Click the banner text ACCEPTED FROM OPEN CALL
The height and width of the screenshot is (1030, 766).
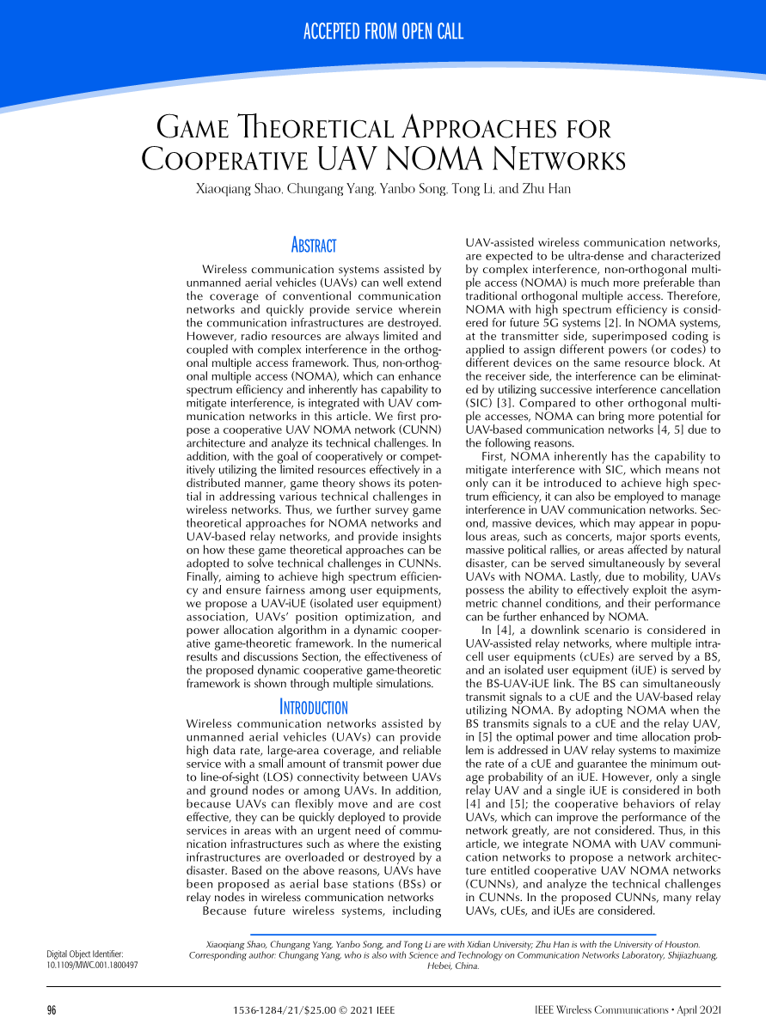383,33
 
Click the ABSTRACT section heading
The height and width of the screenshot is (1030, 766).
314,247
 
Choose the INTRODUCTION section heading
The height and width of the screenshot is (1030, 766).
314,708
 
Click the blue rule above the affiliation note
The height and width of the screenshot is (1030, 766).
452,934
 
